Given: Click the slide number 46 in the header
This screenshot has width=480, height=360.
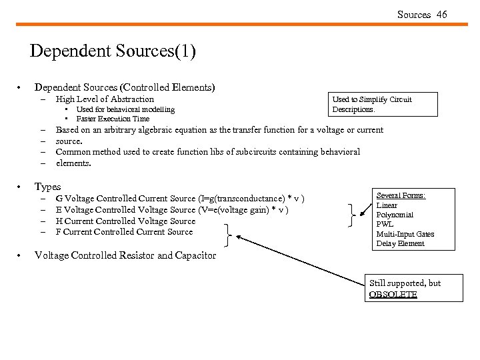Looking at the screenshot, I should tap(442, 15).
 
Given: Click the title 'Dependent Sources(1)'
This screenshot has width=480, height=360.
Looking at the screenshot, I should tap(113, 51).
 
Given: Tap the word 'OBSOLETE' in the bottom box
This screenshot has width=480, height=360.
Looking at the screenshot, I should tap(393, 294).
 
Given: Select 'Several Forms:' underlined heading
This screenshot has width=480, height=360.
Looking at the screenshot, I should tap(401, 195).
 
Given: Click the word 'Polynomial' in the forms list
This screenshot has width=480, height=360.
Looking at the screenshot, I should tap(395, 215).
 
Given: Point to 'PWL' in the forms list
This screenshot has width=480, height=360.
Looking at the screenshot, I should tap(385, 225).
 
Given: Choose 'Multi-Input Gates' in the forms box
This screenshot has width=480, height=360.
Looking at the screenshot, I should tap(405, 234).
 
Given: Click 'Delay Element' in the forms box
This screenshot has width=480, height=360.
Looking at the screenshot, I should tap(400, 243).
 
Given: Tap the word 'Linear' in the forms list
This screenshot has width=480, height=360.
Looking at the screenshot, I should tap(387, 205).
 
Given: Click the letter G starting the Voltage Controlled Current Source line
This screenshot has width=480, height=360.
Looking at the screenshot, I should tap(59, 199).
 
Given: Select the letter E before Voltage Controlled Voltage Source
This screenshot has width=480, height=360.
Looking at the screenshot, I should tap(59, 210).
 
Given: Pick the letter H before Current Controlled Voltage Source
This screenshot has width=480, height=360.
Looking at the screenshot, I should tap(59, 221).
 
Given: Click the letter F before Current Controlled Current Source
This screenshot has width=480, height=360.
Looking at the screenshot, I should tap(59, 232).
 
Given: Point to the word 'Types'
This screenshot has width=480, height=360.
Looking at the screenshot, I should tap(47, 187).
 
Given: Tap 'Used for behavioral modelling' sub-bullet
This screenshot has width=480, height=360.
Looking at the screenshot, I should tap(125, 109).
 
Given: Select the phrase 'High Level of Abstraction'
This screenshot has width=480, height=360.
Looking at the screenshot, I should tap(105, 99).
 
